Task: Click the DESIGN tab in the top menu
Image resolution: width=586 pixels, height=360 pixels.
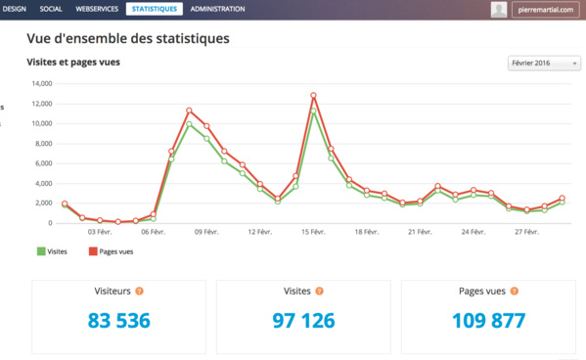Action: click(14, 9)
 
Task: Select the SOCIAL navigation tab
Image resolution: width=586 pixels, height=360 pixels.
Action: click(51, 9)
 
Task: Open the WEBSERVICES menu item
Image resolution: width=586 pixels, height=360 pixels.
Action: click(97, 9)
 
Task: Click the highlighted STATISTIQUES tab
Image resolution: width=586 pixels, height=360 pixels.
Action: click(155, 9)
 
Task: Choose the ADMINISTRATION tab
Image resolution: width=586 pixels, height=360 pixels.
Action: click(217, 9)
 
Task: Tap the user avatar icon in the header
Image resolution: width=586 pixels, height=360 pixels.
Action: click(499, 10)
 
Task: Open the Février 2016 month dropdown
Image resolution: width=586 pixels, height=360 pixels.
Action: click(544, 63)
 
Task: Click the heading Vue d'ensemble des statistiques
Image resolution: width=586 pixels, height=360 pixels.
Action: click(128, 40)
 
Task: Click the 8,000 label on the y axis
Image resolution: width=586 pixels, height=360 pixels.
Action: click(42, 144)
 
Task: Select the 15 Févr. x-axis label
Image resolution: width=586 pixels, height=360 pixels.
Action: click(313, 233)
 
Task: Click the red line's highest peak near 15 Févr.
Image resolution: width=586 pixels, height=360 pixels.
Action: click(313, 96)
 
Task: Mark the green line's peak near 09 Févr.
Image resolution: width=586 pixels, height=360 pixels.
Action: click(189, 124)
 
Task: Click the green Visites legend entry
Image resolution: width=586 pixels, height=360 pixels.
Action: click(52, 251)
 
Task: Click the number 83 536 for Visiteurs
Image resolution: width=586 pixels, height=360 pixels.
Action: click(118, 321)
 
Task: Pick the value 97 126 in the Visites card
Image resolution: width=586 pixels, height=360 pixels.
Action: click(303, 321)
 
